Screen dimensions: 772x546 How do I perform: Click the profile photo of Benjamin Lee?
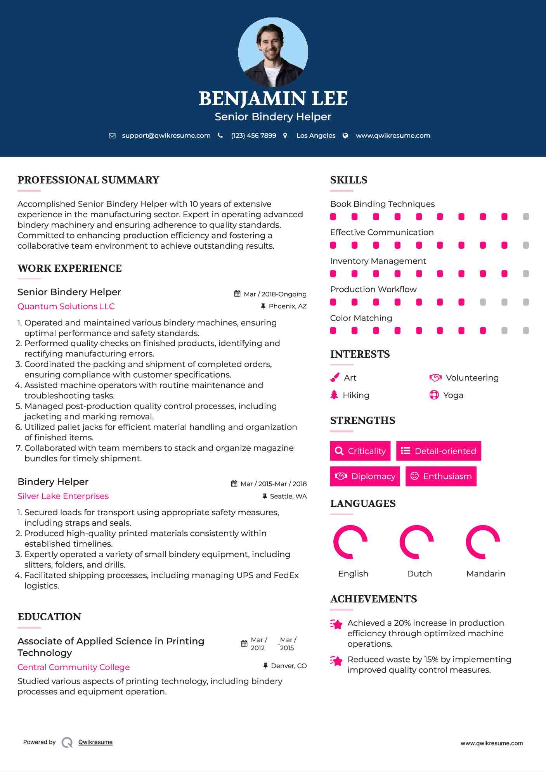(x=273, y=52)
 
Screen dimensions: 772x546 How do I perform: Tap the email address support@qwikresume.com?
(x=166, y=135)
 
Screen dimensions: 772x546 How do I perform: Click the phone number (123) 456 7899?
(x=253, y=135)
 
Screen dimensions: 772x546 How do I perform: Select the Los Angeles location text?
(x=315, y=135)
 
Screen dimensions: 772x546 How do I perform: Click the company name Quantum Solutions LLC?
(x=66, y=306)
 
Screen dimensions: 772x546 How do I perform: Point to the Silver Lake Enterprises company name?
(x=63, y=496)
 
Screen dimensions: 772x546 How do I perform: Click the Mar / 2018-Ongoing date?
(x=275, y=294)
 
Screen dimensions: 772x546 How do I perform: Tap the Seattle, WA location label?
(x=288, y=496)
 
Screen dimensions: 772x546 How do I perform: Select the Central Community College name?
(x=73, y=667)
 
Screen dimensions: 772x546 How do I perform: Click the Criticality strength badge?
(x=360, y=451)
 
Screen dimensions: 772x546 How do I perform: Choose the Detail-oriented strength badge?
(x=439, y=451)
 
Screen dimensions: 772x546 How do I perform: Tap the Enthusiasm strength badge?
(x=441, y=476)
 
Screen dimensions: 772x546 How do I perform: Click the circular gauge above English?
(x=350, y=542)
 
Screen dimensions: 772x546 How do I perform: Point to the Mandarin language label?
(x=485, y=574)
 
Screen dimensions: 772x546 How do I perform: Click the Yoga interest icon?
(x=434, y=395)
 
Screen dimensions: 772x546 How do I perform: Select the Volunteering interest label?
(x=472, y=378)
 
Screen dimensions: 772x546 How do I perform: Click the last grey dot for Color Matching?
(x=526, y=331)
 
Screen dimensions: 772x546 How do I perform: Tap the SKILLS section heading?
(x=348, y=180)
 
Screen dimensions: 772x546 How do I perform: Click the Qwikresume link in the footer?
(x=95, y=742)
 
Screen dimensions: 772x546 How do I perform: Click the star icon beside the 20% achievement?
(x=336, y=624)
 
